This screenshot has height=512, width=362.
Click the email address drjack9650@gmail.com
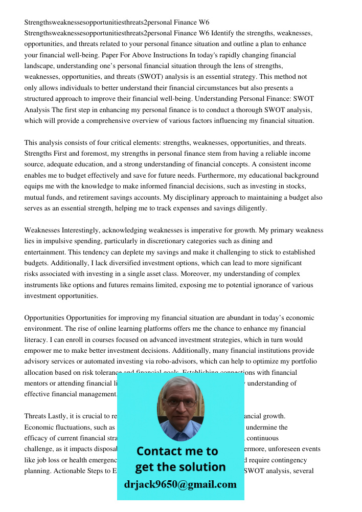(180, 484)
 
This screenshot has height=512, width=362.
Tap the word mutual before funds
(35, 198)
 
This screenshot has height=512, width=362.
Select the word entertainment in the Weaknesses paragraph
(45, 252)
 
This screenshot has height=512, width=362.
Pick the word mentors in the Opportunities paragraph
(37, 383)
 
